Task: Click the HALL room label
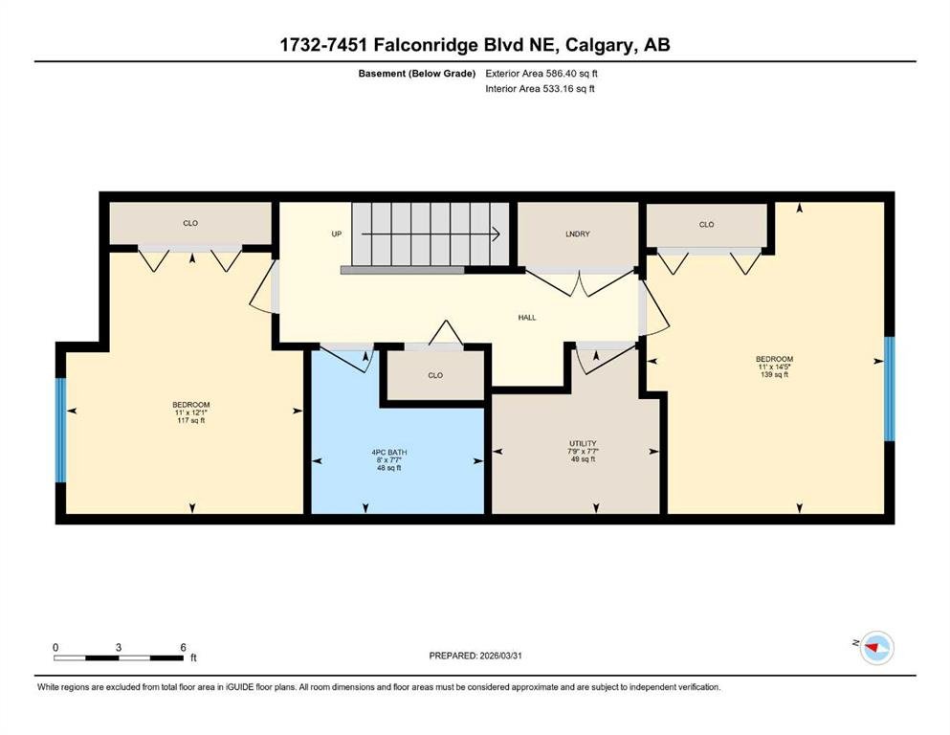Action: click(526, 318)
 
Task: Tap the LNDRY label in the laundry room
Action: click(578, 234)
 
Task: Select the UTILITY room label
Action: click(583, 443)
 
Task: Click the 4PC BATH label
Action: click(389, 452)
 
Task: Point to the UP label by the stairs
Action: click(336, 234)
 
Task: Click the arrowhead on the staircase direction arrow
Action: click(497, 234)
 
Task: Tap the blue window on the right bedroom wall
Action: click(890, 389)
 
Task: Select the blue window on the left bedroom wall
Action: click(60, 431)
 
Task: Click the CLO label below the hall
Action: click(435, 376)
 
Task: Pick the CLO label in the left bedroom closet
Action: click(190, 223)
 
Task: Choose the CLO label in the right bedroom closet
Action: click(706, 224)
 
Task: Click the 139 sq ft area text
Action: click(774, 374)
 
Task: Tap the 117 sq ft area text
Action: click(190, 420)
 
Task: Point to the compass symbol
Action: click(876, 648)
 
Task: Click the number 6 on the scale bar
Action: click(183, 647)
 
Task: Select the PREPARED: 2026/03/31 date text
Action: click(475, 656)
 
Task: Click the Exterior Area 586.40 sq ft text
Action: click(541, 74)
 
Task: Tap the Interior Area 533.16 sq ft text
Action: click(540, 88)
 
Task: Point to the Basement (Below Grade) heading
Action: click(417, 74)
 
